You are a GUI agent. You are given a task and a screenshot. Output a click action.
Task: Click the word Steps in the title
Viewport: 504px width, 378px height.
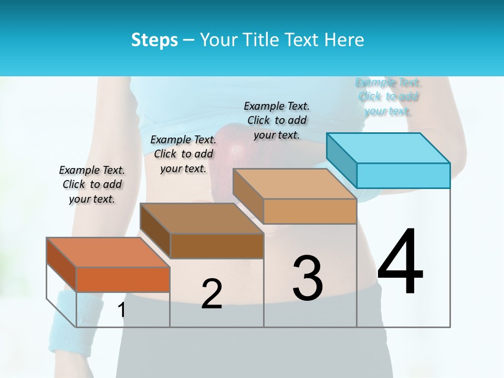point(154,40)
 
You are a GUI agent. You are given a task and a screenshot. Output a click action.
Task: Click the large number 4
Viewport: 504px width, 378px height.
point(400,262)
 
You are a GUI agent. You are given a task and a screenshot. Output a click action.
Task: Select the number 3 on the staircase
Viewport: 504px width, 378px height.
point(308,278)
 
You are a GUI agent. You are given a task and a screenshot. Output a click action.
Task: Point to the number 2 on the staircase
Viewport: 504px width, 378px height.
point(212,294)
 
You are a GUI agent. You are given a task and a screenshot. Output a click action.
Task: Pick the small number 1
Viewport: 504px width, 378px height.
point(122,310)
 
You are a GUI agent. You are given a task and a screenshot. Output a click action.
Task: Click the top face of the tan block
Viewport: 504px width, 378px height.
point(295,184)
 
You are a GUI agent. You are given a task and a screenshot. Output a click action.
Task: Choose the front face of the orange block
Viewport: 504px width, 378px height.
point(123,279)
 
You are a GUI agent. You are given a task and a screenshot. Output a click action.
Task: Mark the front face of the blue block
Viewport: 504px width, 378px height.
point(403,175)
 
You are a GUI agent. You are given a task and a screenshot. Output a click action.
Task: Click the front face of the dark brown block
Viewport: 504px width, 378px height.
point(216,246)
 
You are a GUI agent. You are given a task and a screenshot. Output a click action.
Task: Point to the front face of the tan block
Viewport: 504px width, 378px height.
point(310,211)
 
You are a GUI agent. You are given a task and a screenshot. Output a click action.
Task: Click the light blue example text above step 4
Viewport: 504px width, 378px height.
point(388,97)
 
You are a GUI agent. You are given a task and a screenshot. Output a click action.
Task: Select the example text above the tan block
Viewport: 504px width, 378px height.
point(277,120)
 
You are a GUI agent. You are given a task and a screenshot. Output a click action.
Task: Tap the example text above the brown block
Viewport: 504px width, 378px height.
point(183,154)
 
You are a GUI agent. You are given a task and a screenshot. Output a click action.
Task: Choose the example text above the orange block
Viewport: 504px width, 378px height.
point(92,184)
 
